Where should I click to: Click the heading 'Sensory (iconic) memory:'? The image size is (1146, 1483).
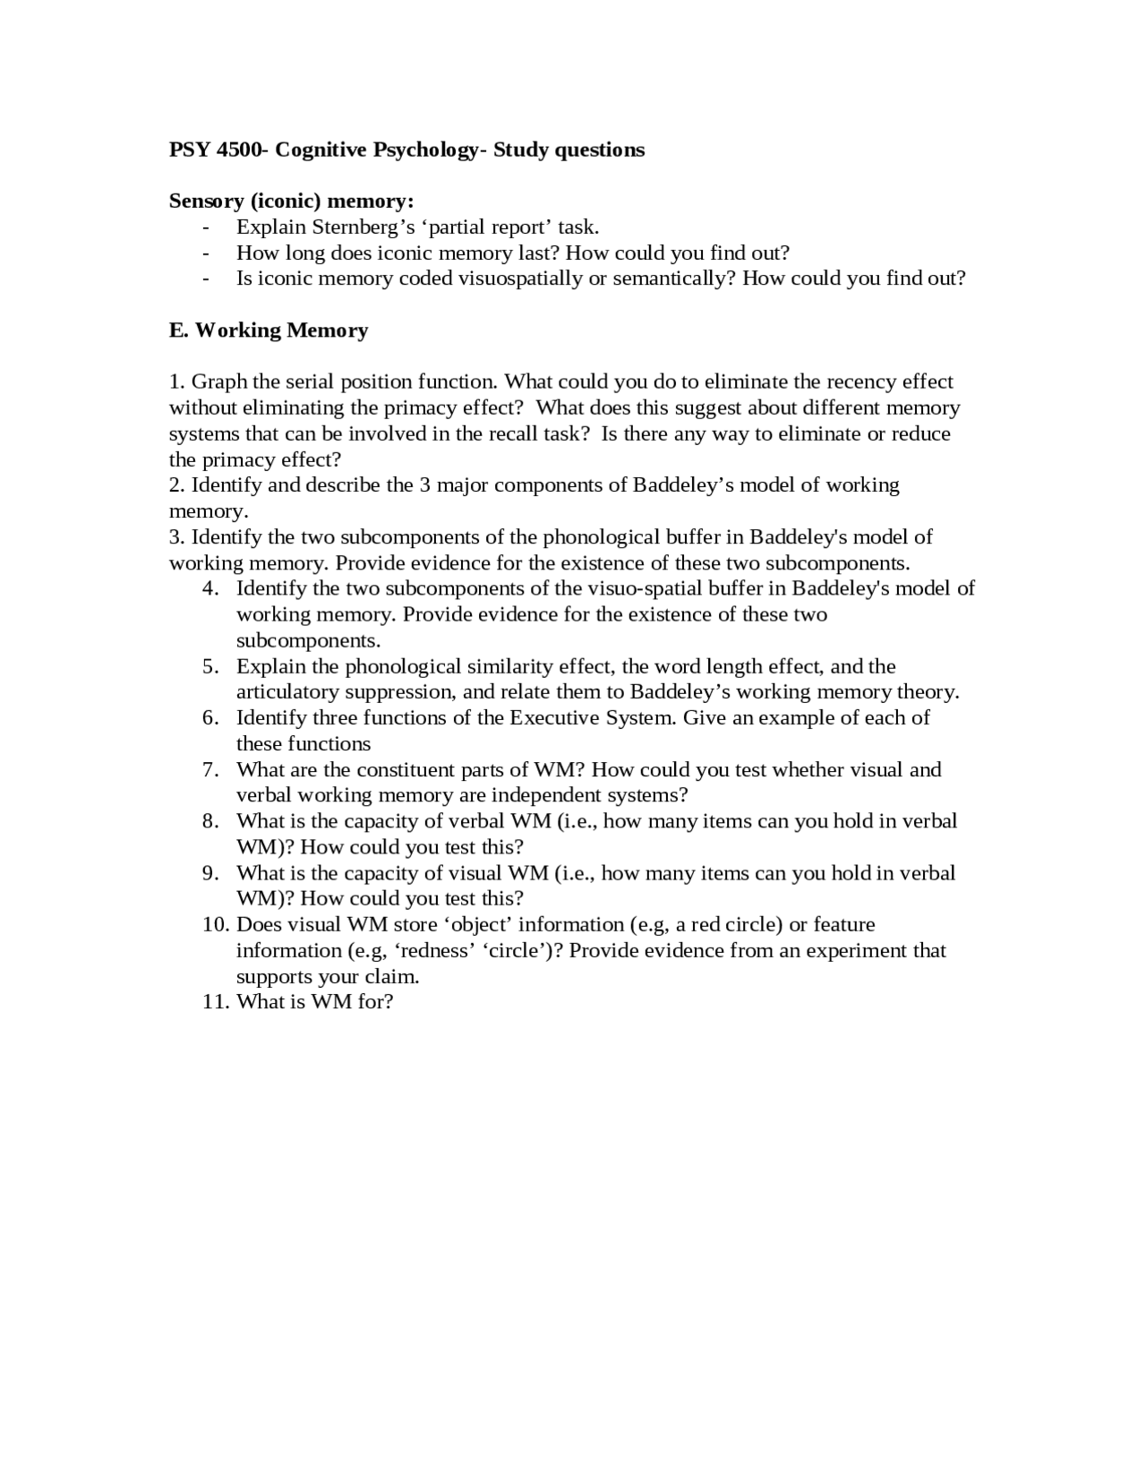(x=291, y=201)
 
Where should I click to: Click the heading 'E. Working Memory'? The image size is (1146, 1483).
(x=269, y=330)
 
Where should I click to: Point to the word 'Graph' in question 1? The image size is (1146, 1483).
(x=219, y=382)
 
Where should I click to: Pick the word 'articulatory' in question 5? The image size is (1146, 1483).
(x=287, y=692)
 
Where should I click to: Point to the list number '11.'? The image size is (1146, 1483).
(x=216, y=1002)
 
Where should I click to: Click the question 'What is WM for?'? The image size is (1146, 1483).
(x=315, y=1002)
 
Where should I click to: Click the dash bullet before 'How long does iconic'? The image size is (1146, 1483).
(x=207, y=253)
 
